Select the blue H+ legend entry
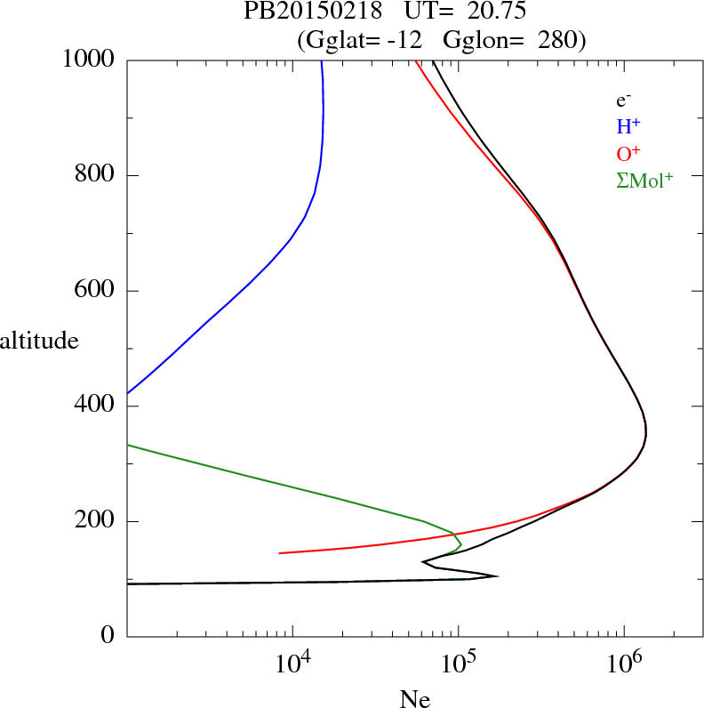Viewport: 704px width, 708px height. tap(628, 128)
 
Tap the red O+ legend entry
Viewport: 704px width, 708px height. tap(628, 153)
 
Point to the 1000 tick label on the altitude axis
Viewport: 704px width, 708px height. tap(89, 60)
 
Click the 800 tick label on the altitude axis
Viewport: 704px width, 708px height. tap(94, 175)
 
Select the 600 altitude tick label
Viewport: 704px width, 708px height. tap(94, 291)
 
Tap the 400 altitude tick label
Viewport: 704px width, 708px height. tap(94, 406)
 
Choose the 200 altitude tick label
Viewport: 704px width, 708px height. tap(94, 521)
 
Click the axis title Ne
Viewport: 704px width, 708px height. tap(414, 698)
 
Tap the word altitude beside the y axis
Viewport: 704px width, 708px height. tap(39, 340)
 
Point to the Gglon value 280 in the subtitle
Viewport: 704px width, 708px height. tap(558, 39)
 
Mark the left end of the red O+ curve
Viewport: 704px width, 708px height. tap(280, 553)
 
